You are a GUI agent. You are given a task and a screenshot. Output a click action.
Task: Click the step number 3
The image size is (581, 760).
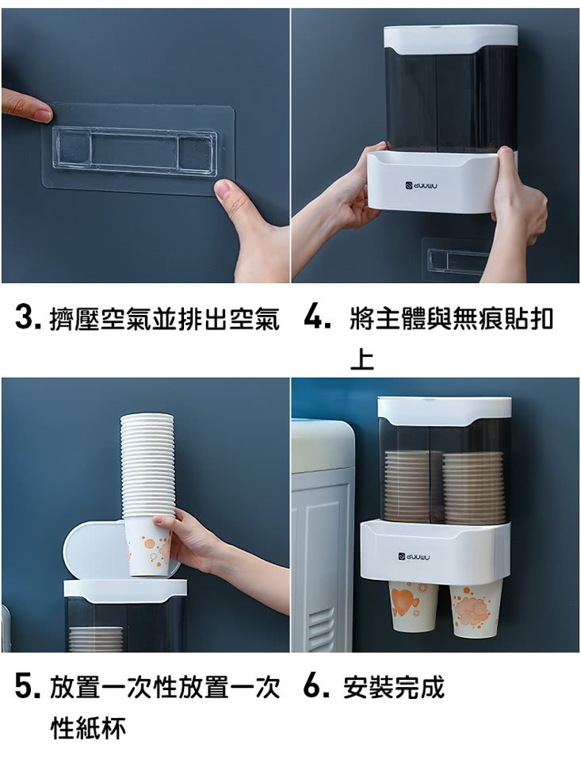click(x=28, y=317)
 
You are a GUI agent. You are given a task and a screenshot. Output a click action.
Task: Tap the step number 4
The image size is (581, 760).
click(x=317, y=317)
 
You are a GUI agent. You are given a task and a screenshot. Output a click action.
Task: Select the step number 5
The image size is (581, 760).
click(x=28, y=687)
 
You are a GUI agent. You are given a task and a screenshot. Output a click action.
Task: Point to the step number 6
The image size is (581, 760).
click(x=317, y=686)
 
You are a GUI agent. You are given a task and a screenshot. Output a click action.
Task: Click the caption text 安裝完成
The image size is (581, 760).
click(x=394, y=687)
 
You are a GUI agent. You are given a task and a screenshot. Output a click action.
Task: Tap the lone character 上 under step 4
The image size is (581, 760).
click(x=362, y=359)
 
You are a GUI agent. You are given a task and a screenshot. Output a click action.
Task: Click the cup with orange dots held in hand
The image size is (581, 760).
click(x=147, y=547)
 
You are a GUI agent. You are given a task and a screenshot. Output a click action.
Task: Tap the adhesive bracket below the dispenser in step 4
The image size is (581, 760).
click(x=455, y=259)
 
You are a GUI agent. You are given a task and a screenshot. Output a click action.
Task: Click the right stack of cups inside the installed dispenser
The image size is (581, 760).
click(x=471, y=487)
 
